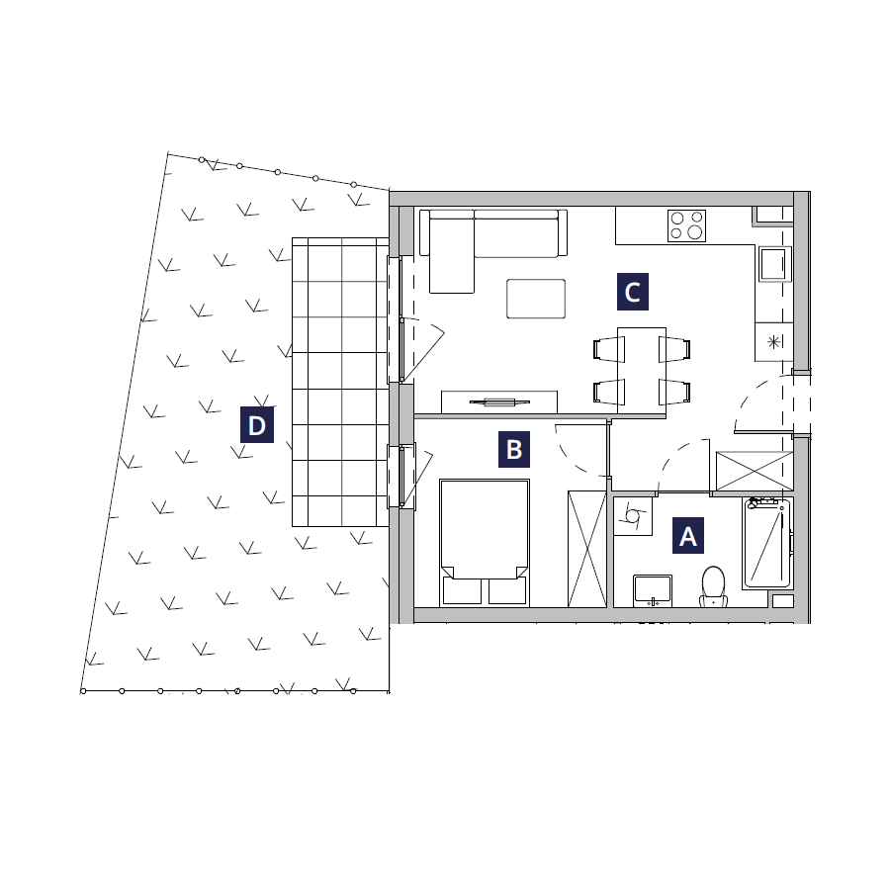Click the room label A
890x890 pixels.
pos(688,535)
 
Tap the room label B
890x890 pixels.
pos(513,449)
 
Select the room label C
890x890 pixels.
pos(632,292)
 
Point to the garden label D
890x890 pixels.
pos(256,424)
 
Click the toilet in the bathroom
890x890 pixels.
pos(713,586)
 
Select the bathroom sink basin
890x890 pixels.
pos(653,590)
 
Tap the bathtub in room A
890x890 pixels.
pos(766,543)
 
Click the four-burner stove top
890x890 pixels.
pos(687,225)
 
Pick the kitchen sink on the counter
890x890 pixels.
pos(773,264)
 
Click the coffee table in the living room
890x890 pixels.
pos(536,299)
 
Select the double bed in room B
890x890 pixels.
pos(485,543)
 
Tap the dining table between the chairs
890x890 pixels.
pos(642,371)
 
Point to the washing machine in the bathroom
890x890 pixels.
pos(633,516)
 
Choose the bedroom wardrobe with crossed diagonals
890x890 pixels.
pos(587,549)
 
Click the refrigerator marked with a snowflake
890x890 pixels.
pos(773,342)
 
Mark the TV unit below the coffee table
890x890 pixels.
pos(499,401)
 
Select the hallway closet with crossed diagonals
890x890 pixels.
pos(755,471)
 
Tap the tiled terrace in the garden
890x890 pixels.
pos(340,382)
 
